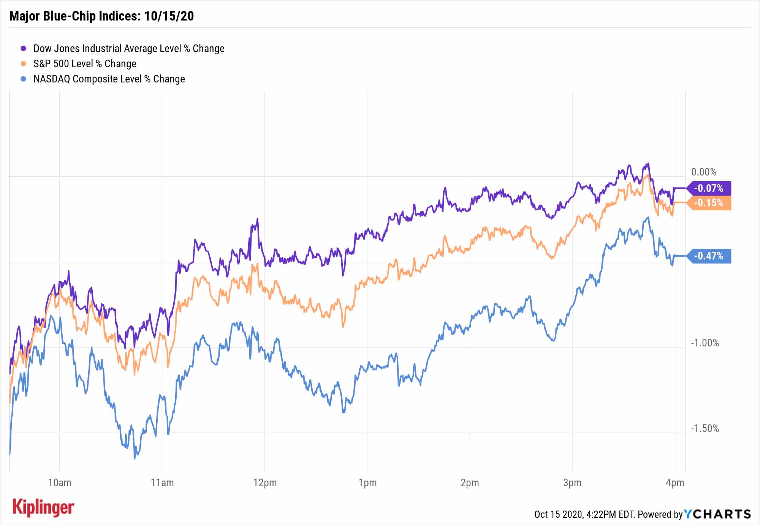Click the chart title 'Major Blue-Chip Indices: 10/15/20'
point(101,16)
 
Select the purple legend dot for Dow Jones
point(24,49)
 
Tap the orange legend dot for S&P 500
point(24,64)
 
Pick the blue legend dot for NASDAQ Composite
point(24,79)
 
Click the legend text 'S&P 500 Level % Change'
point(85,64)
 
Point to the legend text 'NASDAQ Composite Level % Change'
point(109,79)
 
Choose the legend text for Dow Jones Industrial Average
point(129,49)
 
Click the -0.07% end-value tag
point(709,188)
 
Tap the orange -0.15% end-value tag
point(709,203)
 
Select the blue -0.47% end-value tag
point(709,256)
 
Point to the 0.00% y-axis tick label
point(704,172)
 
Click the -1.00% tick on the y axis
point(705,343)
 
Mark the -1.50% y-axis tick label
point(705,429)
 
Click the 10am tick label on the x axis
point(60,483)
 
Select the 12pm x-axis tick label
point(265,483)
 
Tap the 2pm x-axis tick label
point(470,483)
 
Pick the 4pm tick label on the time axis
point(675,483)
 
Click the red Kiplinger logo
point(43,508)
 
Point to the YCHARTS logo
point(717,514)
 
